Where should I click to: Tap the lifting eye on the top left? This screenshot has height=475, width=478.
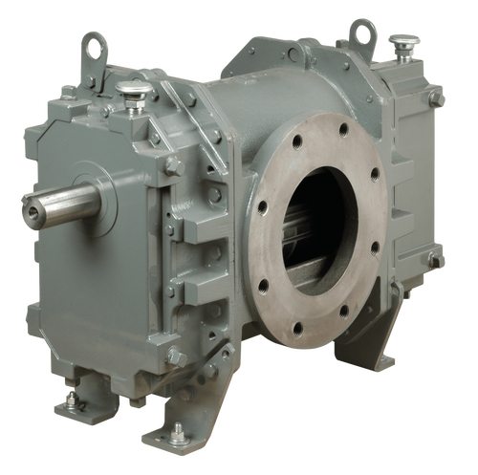[x=94, y=43]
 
